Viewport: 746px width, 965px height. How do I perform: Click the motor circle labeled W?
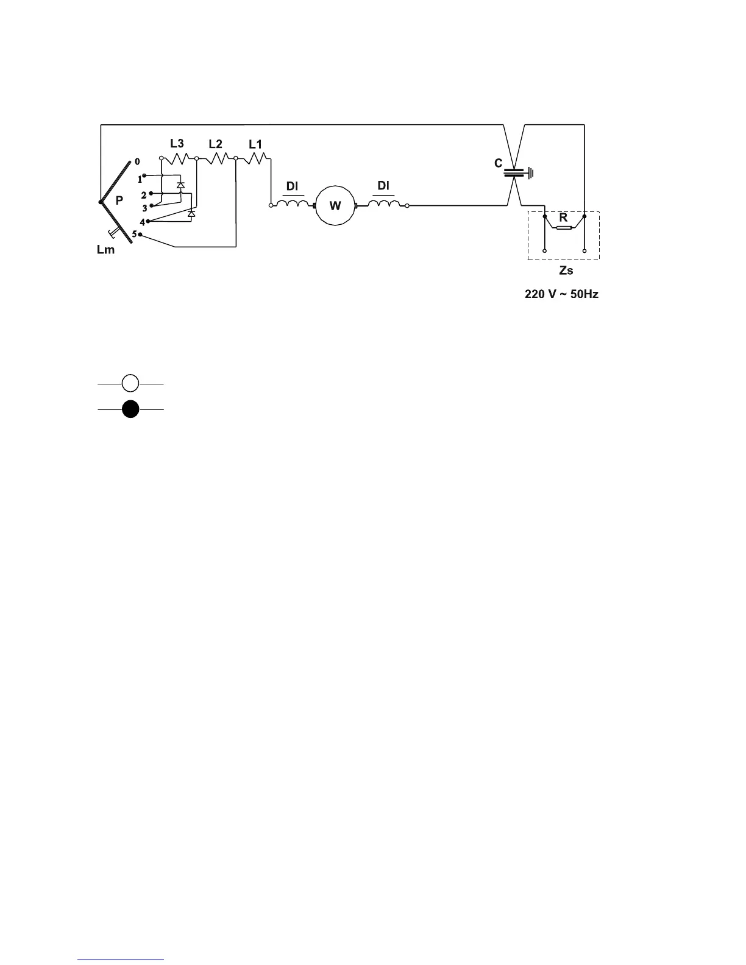pyautogui.click(x=335, y=206)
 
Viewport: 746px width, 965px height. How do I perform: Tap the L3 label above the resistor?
pyautogui.click(x=177, y=143)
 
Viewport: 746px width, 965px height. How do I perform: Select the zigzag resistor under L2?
pyautogui.click(x=216, y=158)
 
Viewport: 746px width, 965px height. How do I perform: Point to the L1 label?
pyautogui.click(x=255, y=144)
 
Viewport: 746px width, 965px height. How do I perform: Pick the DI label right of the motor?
pyautogui.click(x=383, y=185)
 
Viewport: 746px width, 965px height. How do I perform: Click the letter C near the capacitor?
pyautogui.click(x=499, y=163)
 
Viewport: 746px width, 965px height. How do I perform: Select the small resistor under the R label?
pyautogui.click(x=564, y=228)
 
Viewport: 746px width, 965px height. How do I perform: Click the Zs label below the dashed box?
pyautogui.click(x=566, y=270)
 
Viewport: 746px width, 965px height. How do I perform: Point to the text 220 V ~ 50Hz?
pyautogui.click(x=562, y=294)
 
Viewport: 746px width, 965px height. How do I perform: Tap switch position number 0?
pyautogui.click(x=137, y=161)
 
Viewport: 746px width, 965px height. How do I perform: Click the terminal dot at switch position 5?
pyautogui.click(x=141, y=235)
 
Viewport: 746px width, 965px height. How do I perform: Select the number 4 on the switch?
pyautogui.click(x=142, y=222)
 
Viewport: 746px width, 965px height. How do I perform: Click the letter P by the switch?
pyautogui.click(x=120, y=200)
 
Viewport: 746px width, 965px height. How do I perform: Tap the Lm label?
pyautogui.click(x=105, y=250)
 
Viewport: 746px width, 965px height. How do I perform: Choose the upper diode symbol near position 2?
pyautogui.click(x=180, y=185)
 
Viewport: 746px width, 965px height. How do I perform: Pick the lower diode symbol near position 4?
pyautogui.click(x=191, y=213)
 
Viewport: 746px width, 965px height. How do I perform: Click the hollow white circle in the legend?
pyautogui.click(x=130, y=384)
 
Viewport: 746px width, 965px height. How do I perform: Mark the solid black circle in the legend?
pyautogui.click(x=130, y=409)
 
